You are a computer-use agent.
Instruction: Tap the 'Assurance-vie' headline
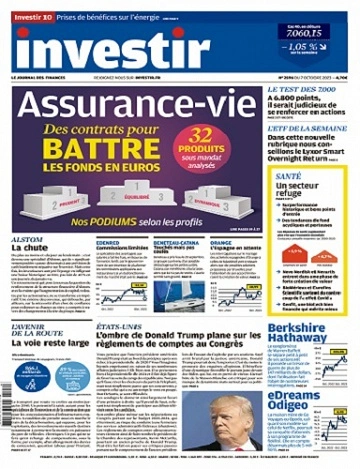click(134, 110)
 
